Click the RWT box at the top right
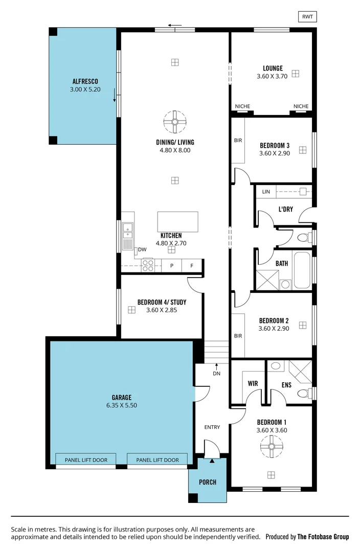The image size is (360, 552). (x=307, y=17)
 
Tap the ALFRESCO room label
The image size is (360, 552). (x=85, y=81)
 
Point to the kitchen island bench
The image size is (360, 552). (x=177, y=222)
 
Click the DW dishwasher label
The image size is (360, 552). (x=142, y=249)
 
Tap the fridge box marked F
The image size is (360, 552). (x=192, y=266)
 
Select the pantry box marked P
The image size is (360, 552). (x=172, y=266)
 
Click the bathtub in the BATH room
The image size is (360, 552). (x=301, y=270)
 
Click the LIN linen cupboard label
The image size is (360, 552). (x=265, y=192)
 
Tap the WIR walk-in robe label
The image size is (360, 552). (x=252, y=383)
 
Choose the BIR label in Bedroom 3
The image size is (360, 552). (x=238, y=141)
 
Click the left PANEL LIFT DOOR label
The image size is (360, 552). (x=86, y=460)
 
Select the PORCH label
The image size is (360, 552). (x=208, y=482)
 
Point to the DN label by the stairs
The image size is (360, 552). (x=217, y=373)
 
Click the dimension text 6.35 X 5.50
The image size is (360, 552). (x=121, y=405)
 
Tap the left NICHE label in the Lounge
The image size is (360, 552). (x=242, y=106)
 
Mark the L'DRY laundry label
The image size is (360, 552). (x=285, y=209)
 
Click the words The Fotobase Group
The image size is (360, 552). (x=323, y=537)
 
